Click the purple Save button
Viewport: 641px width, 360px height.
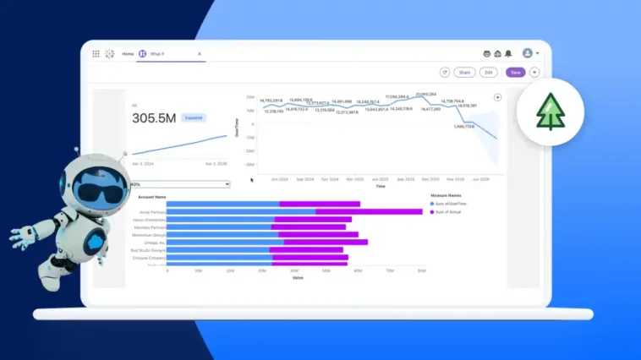click(x=516, y=73)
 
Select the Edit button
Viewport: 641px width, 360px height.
click(x=489, y=73)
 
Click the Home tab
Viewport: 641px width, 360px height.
click(x=128, y=53)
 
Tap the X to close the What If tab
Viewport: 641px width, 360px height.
click(x=200, y=53)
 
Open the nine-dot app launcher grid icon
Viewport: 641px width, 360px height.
click(x=96, y=53)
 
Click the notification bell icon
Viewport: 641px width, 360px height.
click(x=508, y=53)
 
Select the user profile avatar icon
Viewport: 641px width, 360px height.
click(x=528, y=53)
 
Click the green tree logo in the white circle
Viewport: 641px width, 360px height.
click(x=550, y=112)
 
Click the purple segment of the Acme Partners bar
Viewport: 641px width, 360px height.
click(x=369, y=211)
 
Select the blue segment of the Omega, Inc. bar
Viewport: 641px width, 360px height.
click(x=225, y=243)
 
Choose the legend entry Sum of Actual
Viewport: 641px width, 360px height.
click(x=448, y=212)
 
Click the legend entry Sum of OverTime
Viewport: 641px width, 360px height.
click(x=451, y=205)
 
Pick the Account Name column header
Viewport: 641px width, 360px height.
click(x=151, y=196)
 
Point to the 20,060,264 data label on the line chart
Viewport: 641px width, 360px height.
click(x=426, y=95)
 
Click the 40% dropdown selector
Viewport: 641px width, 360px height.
click(x=178, y=183)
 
